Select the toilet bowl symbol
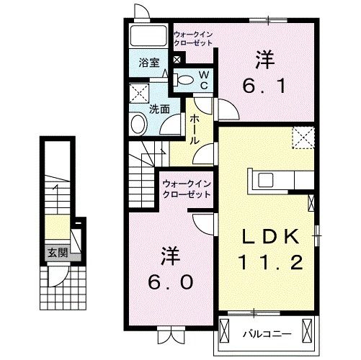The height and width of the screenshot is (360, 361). [184, 80]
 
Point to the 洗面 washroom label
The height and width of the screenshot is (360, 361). [159, 109]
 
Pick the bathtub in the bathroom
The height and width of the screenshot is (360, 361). [149, 36]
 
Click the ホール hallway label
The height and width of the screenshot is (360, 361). [195, 132]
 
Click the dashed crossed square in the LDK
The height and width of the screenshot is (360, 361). [302, 138]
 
